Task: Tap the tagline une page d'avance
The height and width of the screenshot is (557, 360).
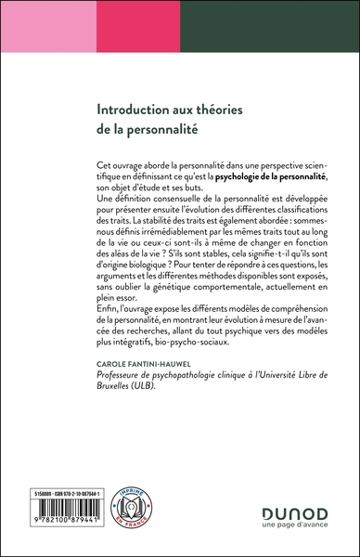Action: click(x=289, y=526)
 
